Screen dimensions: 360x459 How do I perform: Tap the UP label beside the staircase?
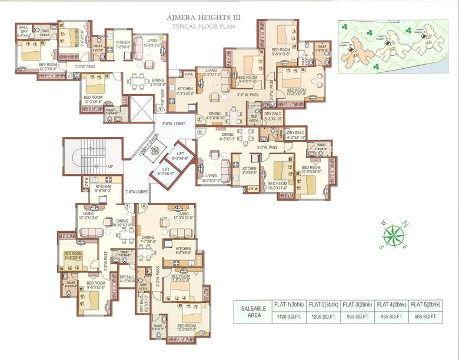tap(110, 166)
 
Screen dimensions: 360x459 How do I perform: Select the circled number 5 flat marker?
tap(127, 206)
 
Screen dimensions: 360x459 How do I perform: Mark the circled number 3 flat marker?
tap(199, 133)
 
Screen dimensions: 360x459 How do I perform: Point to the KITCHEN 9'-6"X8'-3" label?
tap(103, 188)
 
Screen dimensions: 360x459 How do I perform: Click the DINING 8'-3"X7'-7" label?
tap(228, 136)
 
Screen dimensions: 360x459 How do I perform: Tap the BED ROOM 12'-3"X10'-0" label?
tap(186, 328)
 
